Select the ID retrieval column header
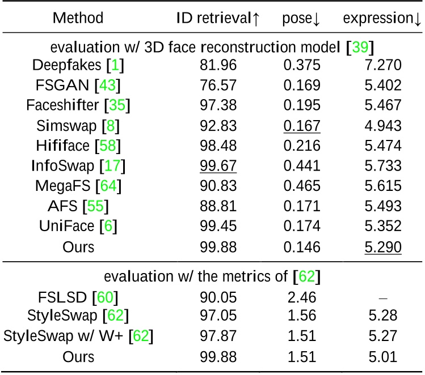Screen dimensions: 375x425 [218, 18]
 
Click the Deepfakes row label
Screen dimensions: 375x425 [77, 65]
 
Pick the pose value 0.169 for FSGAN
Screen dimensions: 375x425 [301, 85]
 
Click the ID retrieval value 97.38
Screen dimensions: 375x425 [218, 105]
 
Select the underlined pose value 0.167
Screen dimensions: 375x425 [301, 125]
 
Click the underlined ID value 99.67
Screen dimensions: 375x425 [218, 166]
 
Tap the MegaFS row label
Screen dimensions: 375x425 [77, 186]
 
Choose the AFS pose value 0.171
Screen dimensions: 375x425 [301, 207]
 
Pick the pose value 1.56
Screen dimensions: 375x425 [301, 316]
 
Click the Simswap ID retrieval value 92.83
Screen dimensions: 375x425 [218, 125]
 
